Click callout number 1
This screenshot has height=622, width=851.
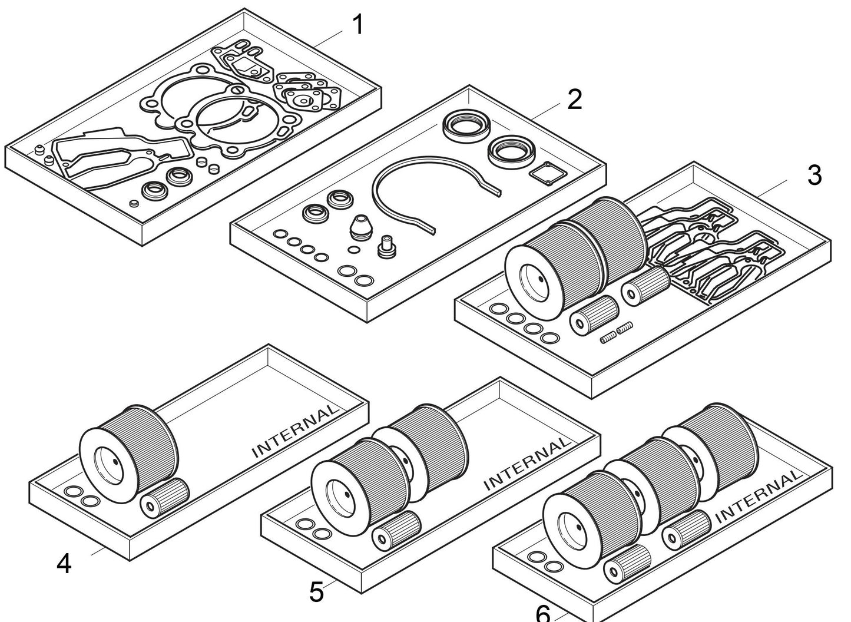(357, 25)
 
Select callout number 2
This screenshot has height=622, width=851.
(574, 100)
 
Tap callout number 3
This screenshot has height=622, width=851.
(814, 175)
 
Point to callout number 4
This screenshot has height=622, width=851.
(64, 564)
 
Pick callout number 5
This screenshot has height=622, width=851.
(316, 591)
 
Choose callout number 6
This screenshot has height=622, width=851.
(542, 613)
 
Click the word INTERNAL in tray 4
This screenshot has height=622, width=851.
(296, 431)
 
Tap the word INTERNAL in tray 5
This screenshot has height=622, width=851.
(527, 463)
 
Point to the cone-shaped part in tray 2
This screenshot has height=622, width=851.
(362, 227)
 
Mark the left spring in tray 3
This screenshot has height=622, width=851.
(608, 337)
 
